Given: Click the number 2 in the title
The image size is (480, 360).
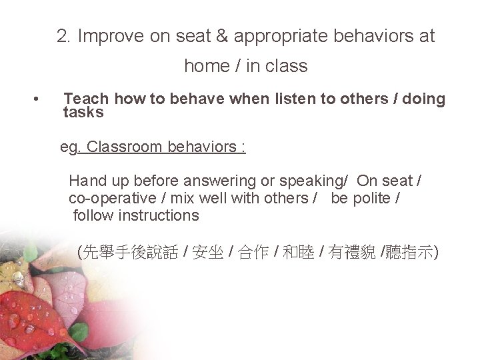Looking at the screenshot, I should coord(63,37).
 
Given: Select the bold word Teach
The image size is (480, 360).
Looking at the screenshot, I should coord(87,99).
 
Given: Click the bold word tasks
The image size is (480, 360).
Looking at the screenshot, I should coord(83,112).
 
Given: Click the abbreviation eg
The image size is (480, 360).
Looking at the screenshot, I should coord(69,147).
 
